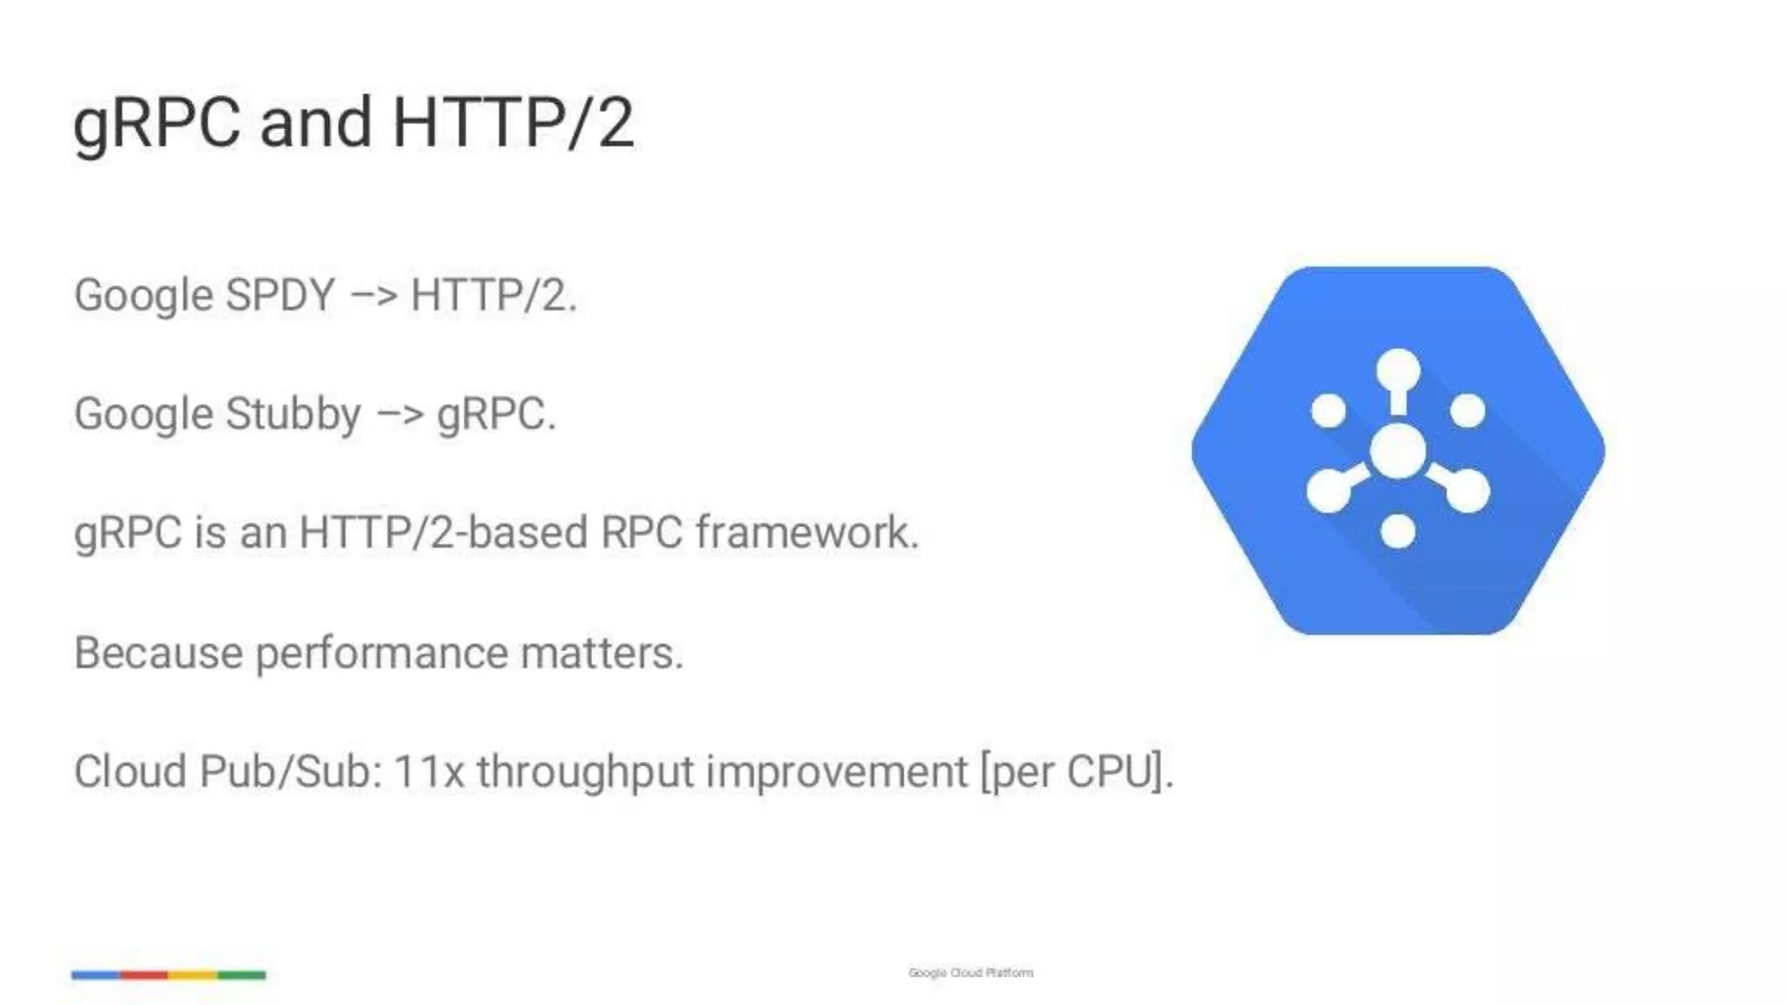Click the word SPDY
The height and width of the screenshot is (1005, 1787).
280,295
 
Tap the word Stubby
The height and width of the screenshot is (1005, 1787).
292,414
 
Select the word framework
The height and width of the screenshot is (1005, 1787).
807,533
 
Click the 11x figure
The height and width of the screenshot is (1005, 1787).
428,772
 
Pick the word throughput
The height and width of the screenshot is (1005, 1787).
585,772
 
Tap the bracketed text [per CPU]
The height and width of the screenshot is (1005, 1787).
1076,772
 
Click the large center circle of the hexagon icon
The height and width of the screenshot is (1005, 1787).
1398,451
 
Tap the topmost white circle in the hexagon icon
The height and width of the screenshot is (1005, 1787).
1398,370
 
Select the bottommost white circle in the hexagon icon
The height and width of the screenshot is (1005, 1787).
1398,531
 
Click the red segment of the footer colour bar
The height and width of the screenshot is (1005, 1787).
144,974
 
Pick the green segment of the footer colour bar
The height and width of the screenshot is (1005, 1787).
242,974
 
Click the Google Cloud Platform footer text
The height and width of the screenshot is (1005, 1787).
970,973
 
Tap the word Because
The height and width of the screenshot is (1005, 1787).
158,653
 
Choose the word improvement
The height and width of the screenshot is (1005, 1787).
837,772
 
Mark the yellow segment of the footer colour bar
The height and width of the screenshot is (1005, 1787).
193,974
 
